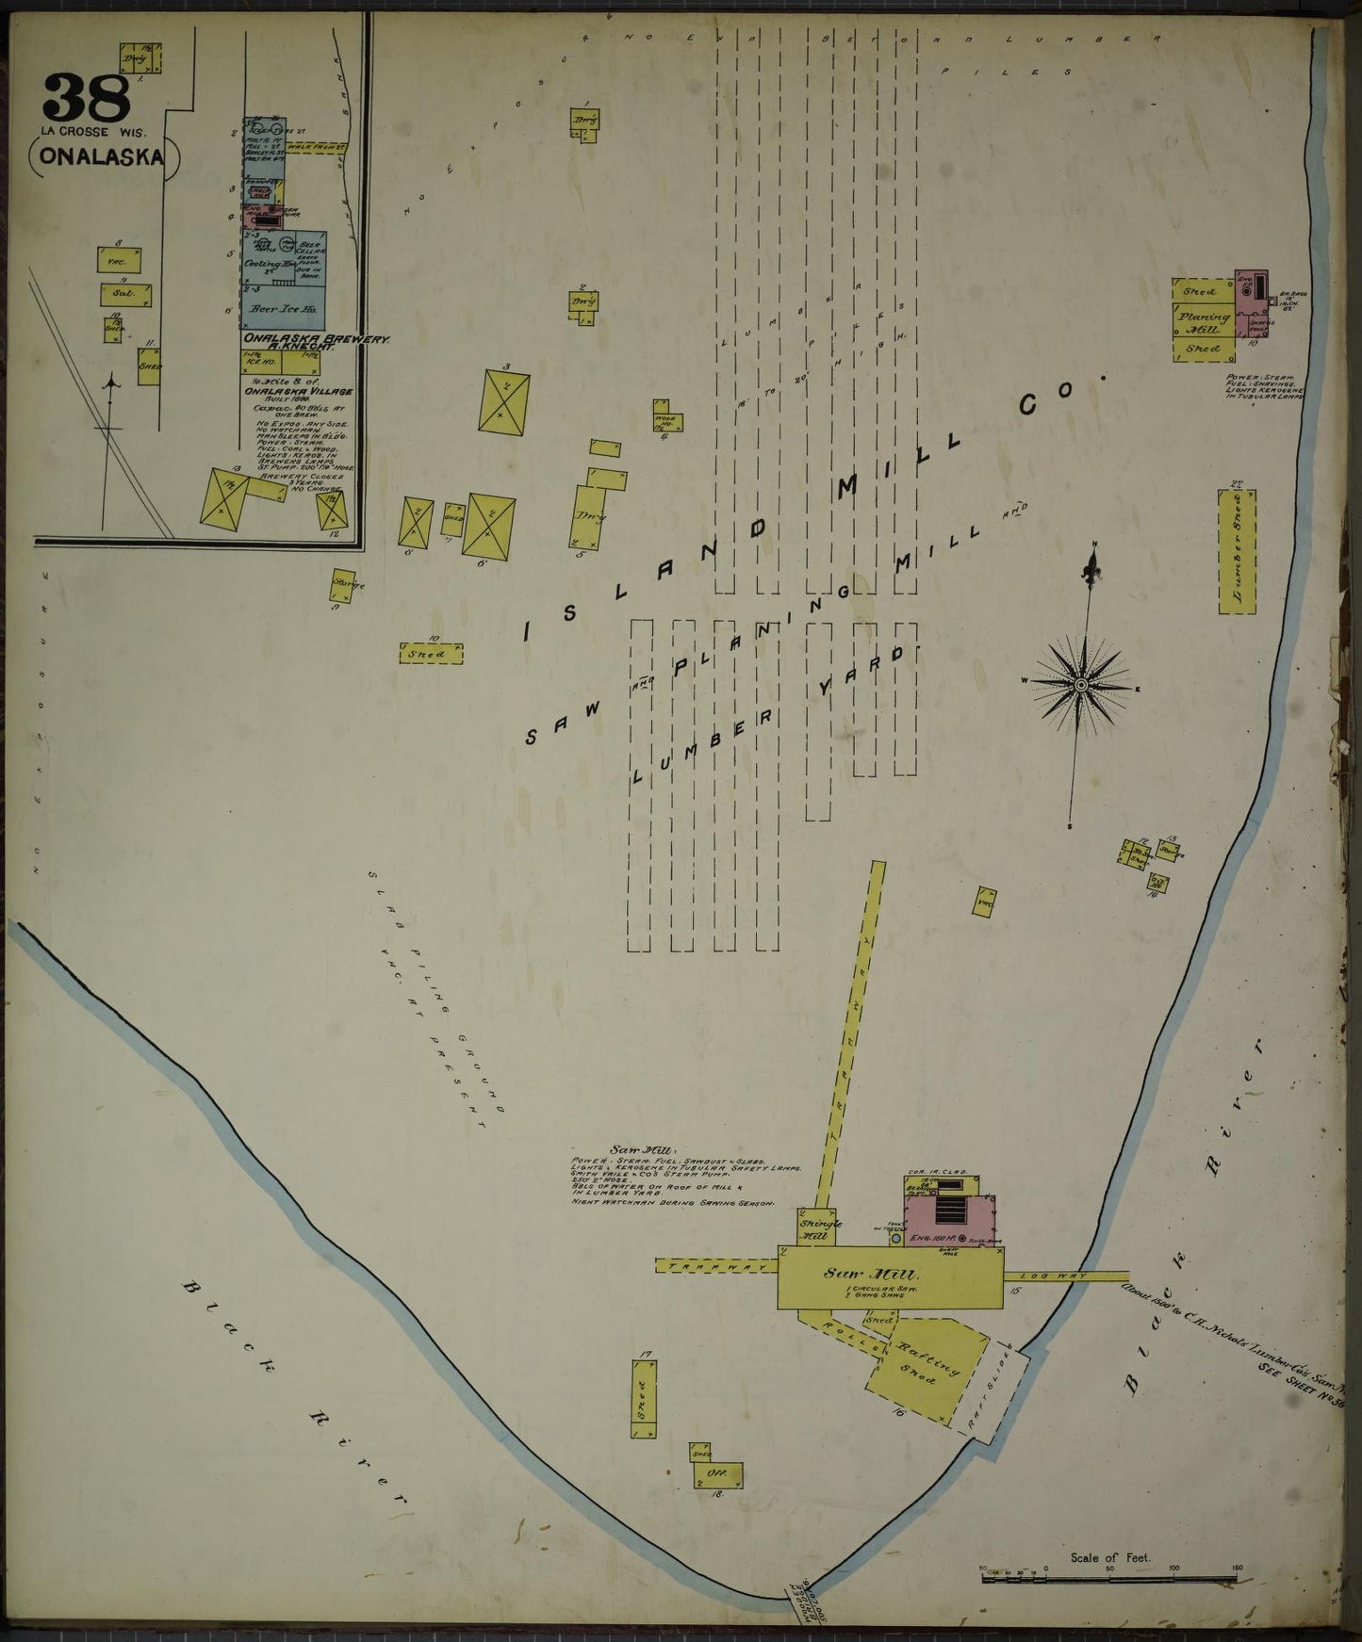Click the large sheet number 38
click(84, 95)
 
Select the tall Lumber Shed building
click(1237, 550)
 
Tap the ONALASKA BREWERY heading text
click(289, 337)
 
